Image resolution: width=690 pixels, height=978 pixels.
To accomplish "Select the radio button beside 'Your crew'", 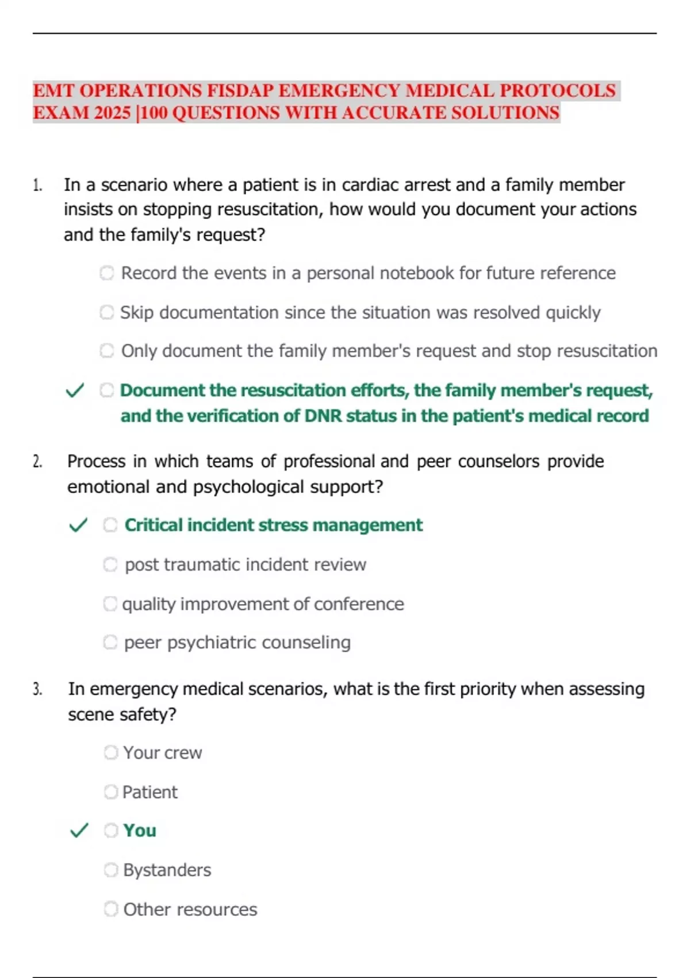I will tap(111, 752).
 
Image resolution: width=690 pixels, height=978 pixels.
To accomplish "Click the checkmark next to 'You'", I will tap(79, 830).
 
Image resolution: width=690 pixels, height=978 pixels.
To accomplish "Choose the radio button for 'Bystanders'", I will tap(111, 870).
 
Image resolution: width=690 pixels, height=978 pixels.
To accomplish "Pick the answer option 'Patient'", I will tap(149, 792).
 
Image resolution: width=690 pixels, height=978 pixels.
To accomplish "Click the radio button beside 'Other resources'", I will tap(111, 909).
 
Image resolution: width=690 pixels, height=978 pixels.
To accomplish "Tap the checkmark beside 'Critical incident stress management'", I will tap(78, 525).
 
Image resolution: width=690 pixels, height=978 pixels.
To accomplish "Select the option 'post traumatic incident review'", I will tap(245, 564).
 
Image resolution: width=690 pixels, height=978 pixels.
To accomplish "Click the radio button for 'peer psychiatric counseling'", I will tap(110, 642).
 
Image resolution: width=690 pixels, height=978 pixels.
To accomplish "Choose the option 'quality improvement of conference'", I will tap(263, 603).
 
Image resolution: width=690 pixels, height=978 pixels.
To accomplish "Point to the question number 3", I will tap(37, 689).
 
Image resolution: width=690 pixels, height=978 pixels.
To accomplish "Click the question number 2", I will tap(37, 461).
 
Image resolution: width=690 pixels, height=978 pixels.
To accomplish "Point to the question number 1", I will tap(37, 185).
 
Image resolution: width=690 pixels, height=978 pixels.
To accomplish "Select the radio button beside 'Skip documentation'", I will tap(107, 312).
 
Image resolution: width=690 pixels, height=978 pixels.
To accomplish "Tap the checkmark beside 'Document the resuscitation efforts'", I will tap(75, 391).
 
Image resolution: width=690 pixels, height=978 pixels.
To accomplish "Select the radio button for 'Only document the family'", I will tap(107, 350).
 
